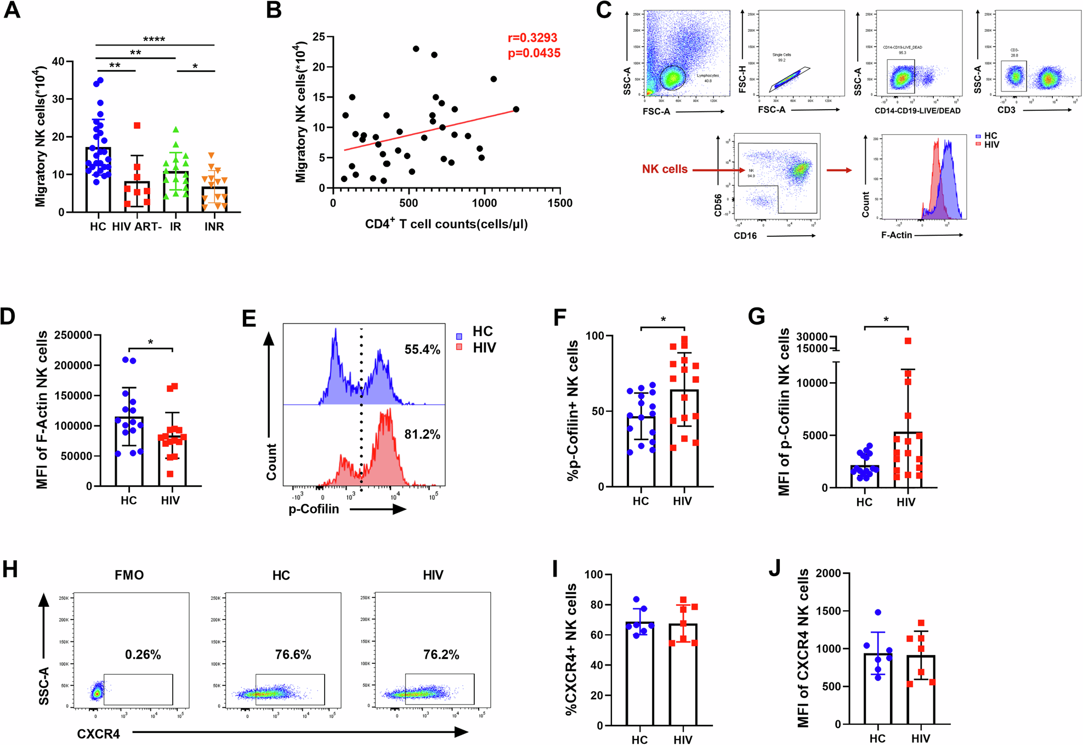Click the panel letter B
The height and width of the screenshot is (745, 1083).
[274, 11]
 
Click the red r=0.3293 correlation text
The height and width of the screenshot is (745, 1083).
[532, 38]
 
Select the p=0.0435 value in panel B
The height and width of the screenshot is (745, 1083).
[534, 53]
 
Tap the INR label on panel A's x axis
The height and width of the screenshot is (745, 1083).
[214, 227]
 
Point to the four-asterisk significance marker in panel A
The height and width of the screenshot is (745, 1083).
[154, 39]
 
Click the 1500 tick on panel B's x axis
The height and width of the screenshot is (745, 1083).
[559, 203]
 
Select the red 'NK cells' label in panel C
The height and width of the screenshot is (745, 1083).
[665, 169]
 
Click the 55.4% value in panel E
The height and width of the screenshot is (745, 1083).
[422, 350]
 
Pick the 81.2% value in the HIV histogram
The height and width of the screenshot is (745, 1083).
[422, 435]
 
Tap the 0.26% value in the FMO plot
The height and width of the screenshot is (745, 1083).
[143, 655]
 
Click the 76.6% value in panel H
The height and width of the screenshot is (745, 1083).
[293, 655]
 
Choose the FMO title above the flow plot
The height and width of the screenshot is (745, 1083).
[129, 575]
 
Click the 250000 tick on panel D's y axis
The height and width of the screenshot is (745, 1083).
[73, 335]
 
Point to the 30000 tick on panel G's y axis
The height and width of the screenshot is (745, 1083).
[812, 337]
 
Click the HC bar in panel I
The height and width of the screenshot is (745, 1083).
[639, 674]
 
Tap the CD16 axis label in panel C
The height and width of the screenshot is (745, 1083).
[745, 236]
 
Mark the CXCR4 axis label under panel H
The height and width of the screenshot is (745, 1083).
[98, 734]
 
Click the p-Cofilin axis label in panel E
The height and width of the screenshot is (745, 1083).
[314, 509]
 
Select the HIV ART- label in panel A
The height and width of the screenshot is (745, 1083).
[137, 227]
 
